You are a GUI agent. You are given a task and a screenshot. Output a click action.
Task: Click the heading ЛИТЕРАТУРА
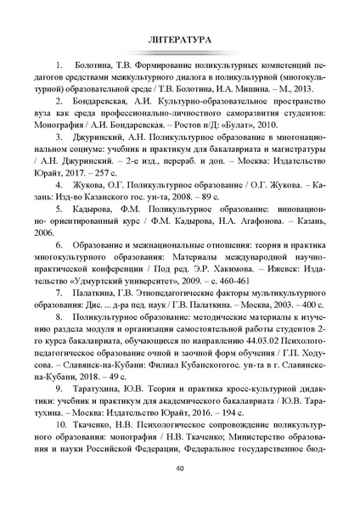coord(179,39)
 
